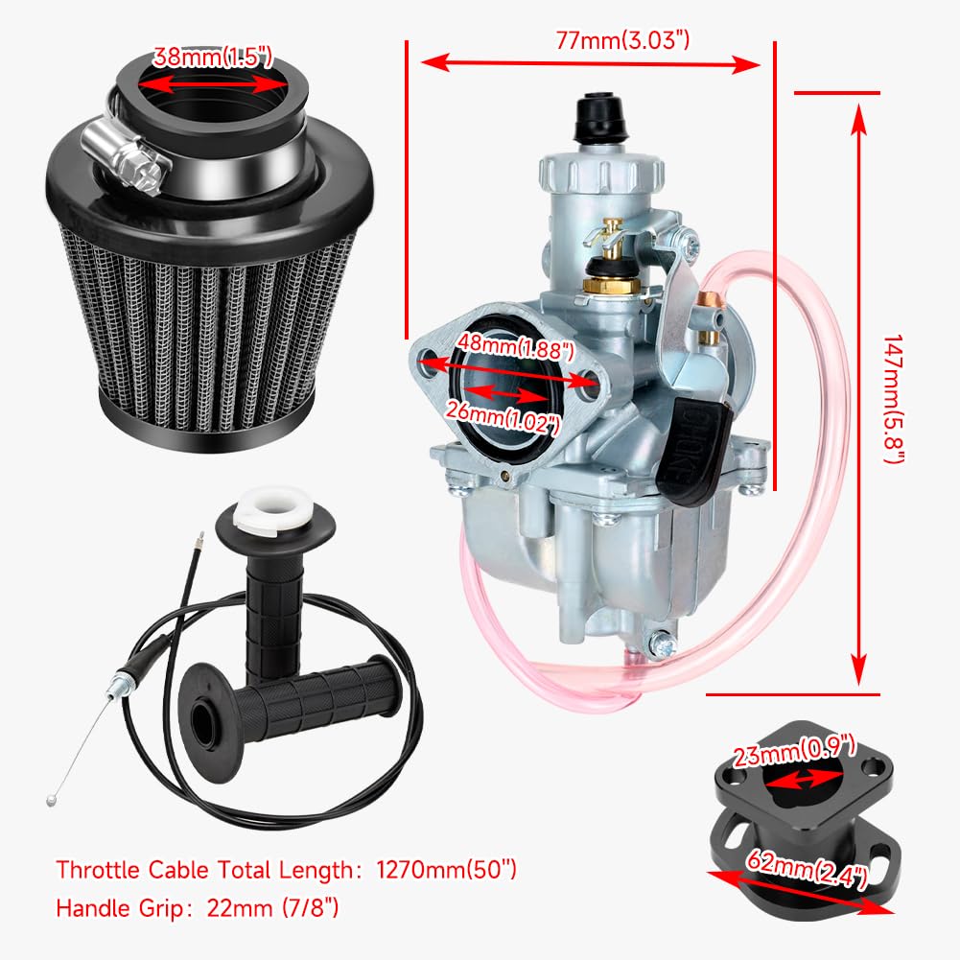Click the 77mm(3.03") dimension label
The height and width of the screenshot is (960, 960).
(x=622, y=39)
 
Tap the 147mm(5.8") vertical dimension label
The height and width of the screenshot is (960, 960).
(x=894, y=399)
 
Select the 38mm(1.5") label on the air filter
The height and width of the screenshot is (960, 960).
(x=212, y=57)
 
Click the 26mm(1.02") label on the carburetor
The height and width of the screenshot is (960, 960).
(x=503, y=416)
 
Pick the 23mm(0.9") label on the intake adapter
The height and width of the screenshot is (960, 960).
(x=794, y=751)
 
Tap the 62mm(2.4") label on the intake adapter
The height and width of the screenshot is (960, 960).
(x=807, y=868)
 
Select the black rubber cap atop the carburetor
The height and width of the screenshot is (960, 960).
(x=598, y=117)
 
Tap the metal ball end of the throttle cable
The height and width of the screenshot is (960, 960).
(x=51, y=800)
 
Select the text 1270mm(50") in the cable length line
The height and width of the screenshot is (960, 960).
(x=446, y=870)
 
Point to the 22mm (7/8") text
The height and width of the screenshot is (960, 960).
(x=272, y=907)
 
